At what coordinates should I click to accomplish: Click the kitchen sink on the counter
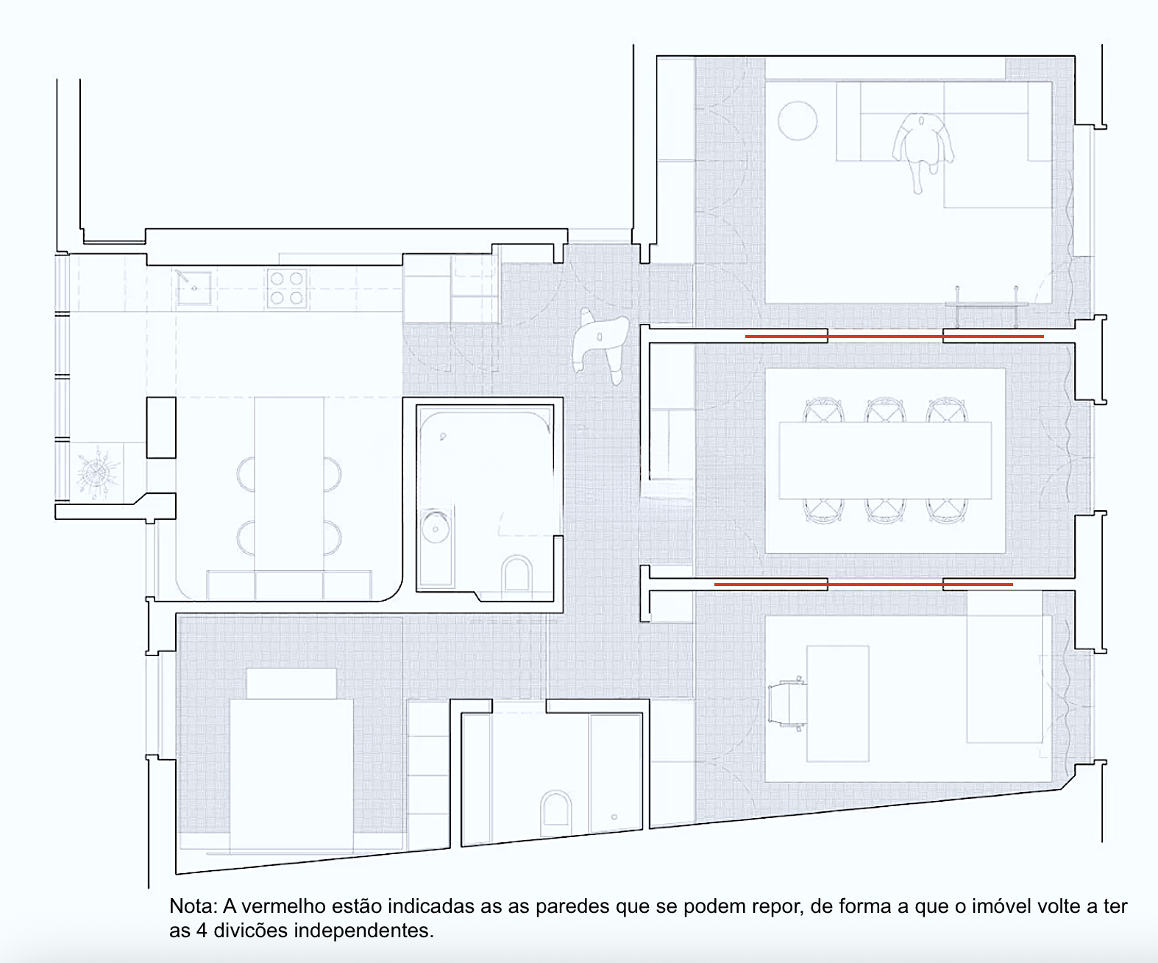tap(193, 288)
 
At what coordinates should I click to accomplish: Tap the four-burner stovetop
tap(287, 288)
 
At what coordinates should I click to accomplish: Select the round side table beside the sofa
tap(798, 121)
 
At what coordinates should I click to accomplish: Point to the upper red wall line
tap(894, 336)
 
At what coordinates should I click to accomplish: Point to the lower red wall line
tap(864, 585)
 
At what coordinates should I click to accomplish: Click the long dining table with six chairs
tap(885, 461)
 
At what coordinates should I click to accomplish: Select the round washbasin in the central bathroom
tap(436, 528)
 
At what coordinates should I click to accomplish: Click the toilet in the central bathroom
tap(516, 574)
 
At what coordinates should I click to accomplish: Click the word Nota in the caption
tap(193, 906)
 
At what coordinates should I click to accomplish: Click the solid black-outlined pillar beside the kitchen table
tap(161, 427)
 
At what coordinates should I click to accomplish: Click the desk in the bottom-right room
tap(837, 703)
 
